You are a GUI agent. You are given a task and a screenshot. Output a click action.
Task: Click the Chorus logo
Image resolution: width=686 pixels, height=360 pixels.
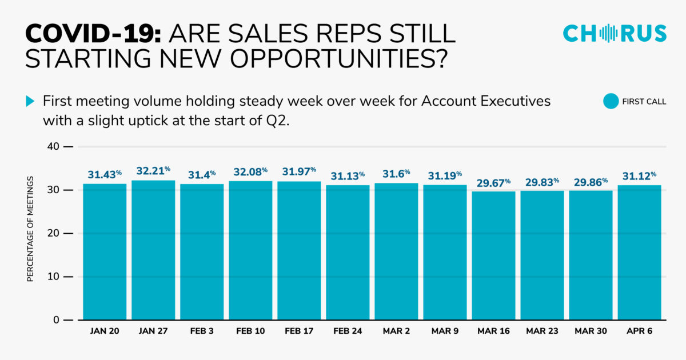pos(615,33)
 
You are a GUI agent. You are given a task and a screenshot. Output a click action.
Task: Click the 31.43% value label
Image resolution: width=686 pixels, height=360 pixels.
pos(105,174)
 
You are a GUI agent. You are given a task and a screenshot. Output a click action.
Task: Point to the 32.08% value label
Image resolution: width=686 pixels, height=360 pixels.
pos(250,171)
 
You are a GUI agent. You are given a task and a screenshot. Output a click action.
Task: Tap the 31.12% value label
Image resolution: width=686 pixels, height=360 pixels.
pos(639,175)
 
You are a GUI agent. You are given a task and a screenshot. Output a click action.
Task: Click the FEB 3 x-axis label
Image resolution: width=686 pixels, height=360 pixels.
pos(202,331)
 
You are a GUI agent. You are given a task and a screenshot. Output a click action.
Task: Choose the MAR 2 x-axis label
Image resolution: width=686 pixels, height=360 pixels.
pos(396,331)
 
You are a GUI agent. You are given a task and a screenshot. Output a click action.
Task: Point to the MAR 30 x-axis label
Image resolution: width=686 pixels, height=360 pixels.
pos(591,331)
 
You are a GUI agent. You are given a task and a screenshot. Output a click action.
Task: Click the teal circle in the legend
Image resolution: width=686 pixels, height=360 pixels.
pos(611,102)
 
